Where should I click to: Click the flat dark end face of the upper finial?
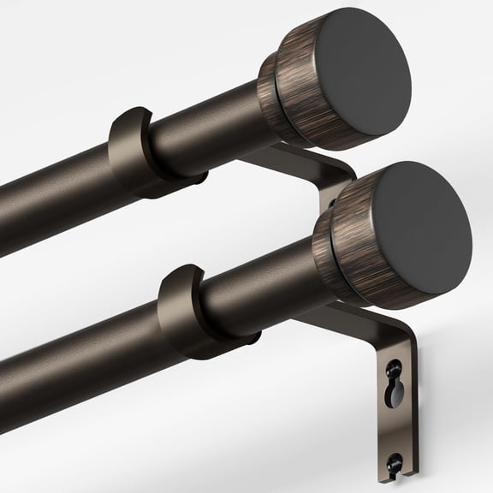[359, 73]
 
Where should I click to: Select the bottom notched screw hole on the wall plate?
[395, 463]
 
